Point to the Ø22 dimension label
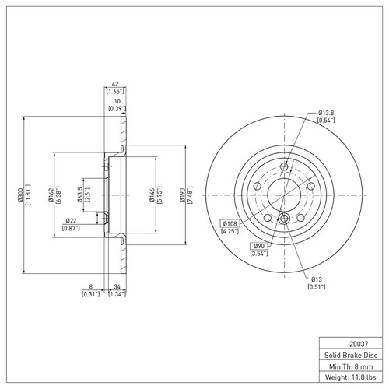70,221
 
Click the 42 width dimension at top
115,85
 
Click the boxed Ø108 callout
228,223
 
